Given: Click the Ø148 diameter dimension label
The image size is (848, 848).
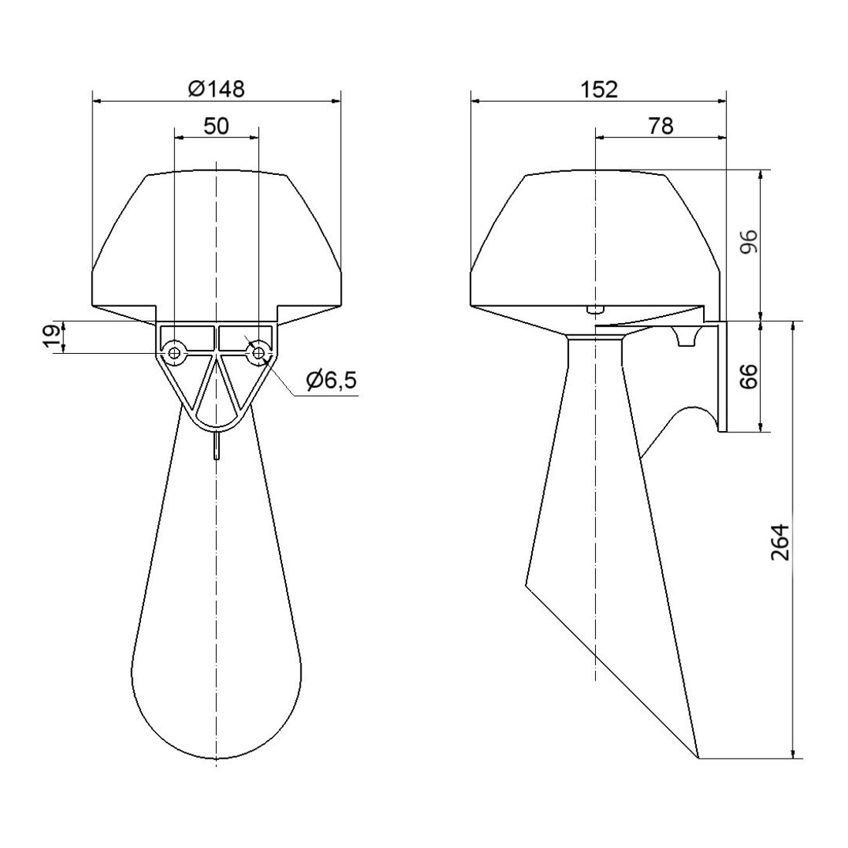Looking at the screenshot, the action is point(217,88).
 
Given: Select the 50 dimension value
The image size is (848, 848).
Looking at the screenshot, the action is point(217,126).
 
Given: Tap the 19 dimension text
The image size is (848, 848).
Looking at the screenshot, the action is point(54,338).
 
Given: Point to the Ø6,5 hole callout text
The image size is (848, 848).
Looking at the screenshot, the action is point(331,381).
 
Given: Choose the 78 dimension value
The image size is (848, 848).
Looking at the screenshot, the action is point(661,126).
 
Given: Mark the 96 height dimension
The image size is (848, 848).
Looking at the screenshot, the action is point(749,243).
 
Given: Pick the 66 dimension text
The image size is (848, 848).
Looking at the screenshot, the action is point(749,376).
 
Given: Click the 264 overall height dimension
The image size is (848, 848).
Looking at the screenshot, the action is point(780,541).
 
